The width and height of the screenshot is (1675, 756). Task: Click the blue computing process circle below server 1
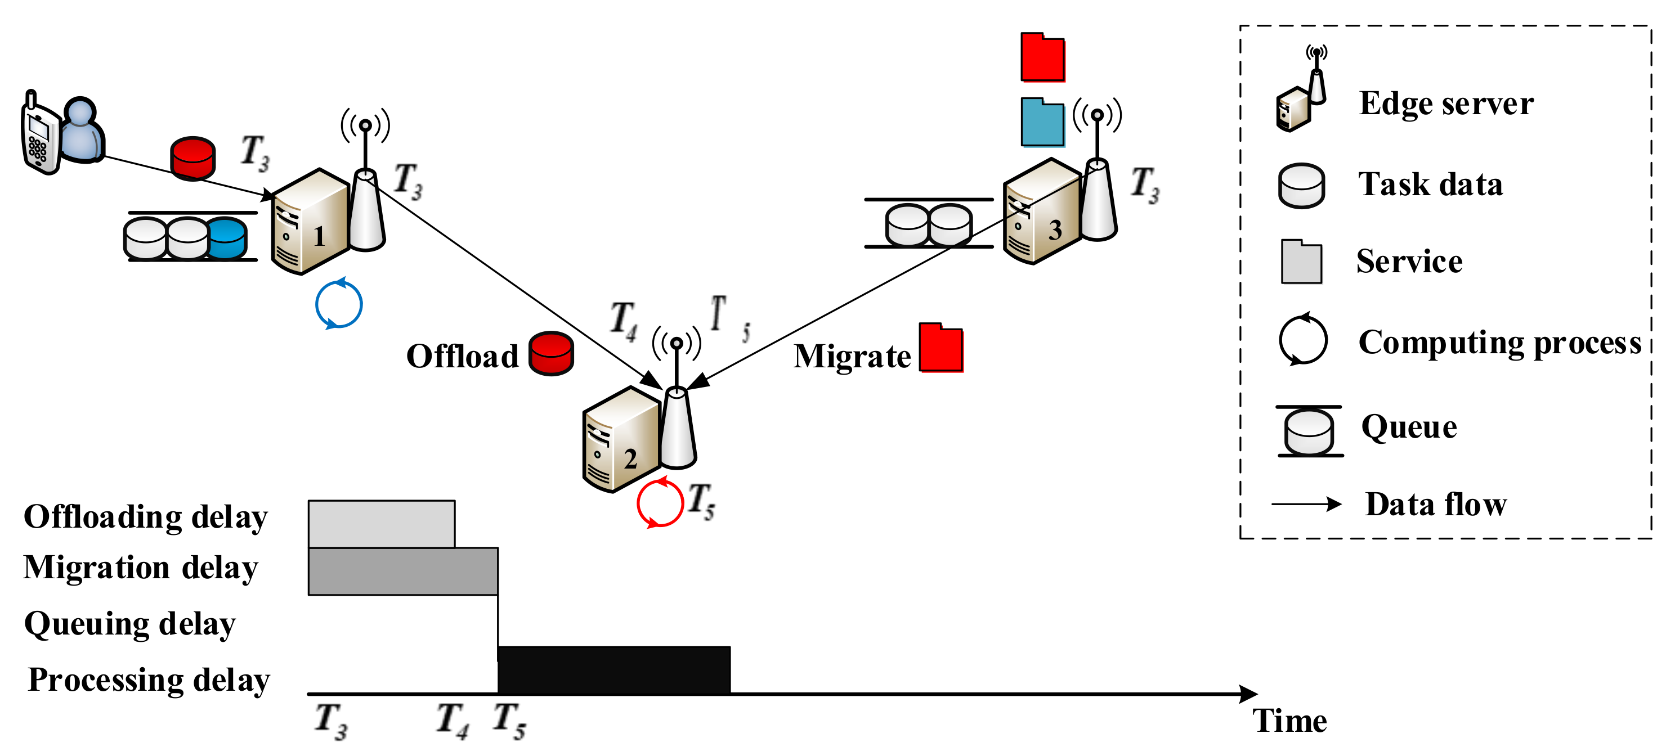(338, 304)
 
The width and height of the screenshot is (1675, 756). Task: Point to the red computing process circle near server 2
(659, 503)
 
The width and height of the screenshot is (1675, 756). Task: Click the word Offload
(462, 356)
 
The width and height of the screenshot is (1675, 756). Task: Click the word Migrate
(852, 356)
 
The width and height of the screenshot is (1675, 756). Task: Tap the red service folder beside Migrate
(940, 348)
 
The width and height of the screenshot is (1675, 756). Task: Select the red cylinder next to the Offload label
(551, 354)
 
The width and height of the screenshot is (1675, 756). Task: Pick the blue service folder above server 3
(1042, 122)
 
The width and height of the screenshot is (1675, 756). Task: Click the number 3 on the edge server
(1055, 230)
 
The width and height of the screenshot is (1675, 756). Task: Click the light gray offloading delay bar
(381, 524)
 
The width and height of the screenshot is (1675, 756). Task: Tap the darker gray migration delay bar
(402, 571)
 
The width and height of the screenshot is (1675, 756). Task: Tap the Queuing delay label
(129, 624)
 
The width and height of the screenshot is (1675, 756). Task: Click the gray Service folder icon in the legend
(1301, 262)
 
